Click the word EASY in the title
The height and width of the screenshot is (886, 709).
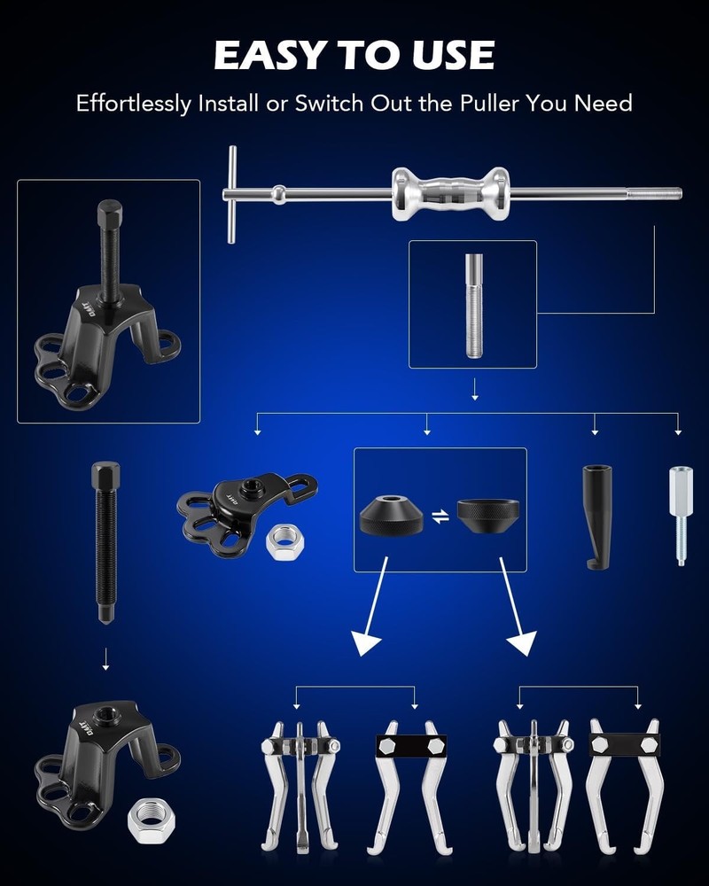[x=266, y=55]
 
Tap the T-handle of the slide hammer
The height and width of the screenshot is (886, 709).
[x=231, y=194]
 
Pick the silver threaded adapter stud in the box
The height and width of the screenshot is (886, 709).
[x=472, y=305]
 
